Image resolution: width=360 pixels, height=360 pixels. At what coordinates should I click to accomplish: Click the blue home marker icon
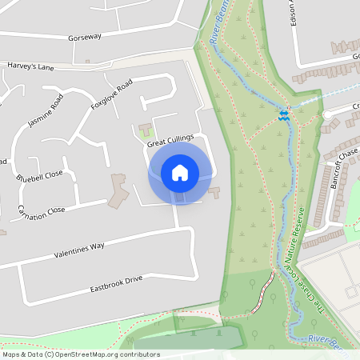[x=179, y=172]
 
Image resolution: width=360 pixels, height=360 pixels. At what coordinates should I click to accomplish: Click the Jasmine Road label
[x=46, y=111]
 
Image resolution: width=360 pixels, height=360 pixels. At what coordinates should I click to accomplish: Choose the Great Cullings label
[x=170, y=140]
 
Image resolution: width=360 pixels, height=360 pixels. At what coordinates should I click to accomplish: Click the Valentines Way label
[x=79, y=248]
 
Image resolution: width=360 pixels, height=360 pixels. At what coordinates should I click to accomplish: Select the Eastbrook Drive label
[x=116, y=282]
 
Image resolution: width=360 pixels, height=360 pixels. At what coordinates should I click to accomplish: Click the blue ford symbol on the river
[x=282, y=113]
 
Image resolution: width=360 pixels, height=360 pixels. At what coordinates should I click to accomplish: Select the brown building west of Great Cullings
[x=118, y=190]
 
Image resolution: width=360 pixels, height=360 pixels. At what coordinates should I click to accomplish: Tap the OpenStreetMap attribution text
[x=81, y=354]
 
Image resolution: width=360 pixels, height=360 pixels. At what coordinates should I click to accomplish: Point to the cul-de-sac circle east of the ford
[x=327, y=115]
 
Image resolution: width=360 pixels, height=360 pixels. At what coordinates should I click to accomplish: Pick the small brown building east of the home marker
[x=214, y=191]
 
